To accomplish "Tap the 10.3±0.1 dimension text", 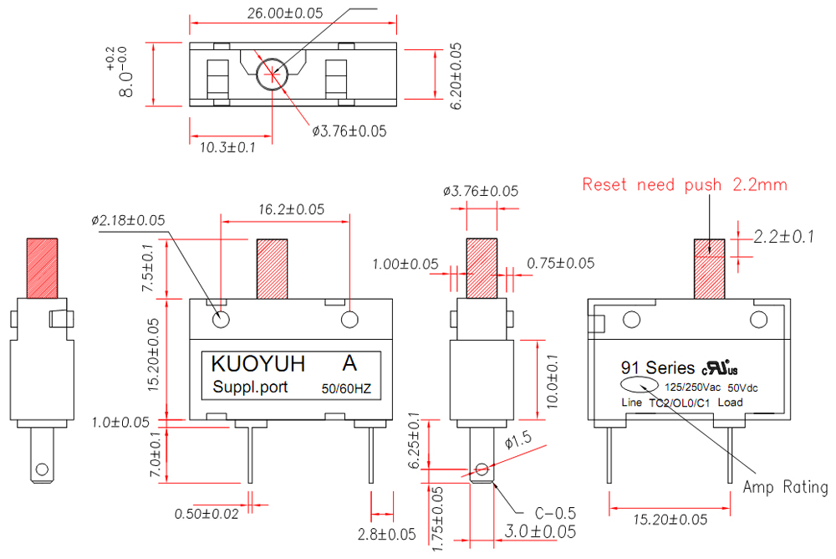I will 227,148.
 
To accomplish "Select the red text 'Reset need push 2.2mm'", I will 685,184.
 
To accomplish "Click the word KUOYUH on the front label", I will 257,364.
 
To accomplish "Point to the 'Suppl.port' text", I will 250,387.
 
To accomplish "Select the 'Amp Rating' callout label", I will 786,487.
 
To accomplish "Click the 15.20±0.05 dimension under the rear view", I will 669,520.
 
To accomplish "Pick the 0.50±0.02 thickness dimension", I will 206,513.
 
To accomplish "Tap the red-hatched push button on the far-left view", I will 42,268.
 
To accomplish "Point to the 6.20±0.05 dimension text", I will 456,74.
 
